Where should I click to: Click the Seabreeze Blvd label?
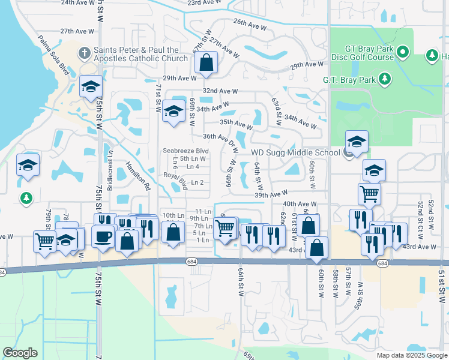pos(185,151)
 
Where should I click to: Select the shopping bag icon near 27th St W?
pos(206,62)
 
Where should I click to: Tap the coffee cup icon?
pos(103,235)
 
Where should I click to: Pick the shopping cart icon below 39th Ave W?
pos(369,193)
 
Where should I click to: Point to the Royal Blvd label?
pos(176,180)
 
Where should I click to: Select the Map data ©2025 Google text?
pos(411,355)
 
